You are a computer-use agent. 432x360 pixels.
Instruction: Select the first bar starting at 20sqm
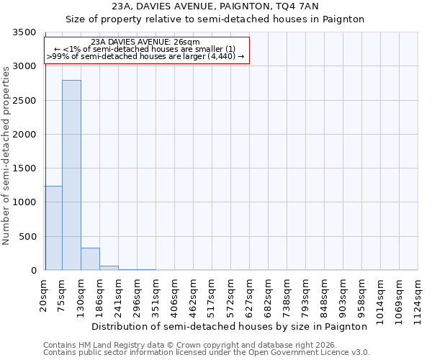53,228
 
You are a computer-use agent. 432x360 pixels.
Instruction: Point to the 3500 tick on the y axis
24,33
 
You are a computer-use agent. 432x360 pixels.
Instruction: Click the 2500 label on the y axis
24,101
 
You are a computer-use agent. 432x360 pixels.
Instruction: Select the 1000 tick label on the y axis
24,203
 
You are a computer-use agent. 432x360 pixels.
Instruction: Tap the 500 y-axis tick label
27,237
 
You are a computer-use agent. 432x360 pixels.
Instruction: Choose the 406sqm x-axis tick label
175,294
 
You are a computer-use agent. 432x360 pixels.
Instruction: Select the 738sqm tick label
287,294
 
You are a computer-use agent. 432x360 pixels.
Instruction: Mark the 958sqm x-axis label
361,294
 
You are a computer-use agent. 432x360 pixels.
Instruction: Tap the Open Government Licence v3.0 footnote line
206,353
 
